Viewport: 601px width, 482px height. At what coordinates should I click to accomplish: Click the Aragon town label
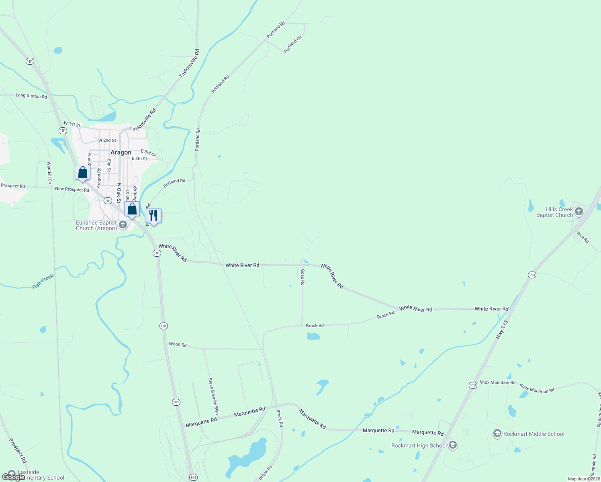click(121, 153)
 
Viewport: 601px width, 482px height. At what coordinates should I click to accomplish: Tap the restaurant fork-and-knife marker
click(153, 216)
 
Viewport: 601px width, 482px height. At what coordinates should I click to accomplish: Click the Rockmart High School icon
click(453, 445)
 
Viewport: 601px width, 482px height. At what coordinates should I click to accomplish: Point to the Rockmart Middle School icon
click(497, 433)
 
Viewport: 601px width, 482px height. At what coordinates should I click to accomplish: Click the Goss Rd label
click(303, 277)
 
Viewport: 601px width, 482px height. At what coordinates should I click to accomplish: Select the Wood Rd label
click(178, 344)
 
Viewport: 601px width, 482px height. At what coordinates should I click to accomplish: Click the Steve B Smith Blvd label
click(213, 396)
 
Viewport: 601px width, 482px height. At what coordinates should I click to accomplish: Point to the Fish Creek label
click(43, 281)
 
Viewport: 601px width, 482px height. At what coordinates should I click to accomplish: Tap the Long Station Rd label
click(31, 96)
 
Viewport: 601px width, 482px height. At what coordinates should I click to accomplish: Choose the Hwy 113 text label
click(502, 329)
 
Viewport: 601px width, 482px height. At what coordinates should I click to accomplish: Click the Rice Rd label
click(583, 237)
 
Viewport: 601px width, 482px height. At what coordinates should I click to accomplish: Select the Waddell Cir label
click(49, 173)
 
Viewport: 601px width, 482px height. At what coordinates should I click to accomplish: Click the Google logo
click(14, 477)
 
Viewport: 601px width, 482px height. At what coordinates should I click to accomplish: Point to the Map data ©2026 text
click(583, 479)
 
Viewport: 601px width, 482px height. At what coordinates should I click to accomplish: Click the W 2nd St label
click(107, 141)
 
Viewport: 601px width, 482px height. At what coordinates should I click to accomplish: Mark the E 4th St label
click(139, 159)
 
